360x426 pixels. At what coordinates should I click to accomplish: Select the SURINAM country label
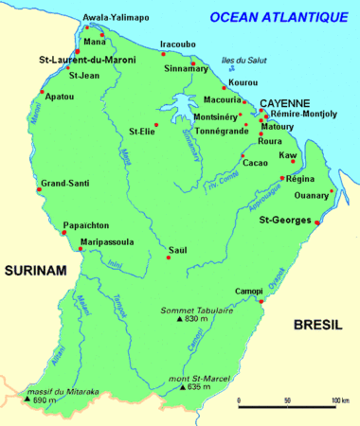(35, 271)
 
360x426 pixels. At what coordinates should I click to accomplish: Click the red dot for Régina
(281, 178)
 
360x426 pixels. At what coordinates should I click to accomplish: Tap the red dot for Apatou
(43, 92)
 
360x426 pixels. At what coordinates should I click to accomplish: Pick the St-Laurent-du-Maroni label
(86, 60)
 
